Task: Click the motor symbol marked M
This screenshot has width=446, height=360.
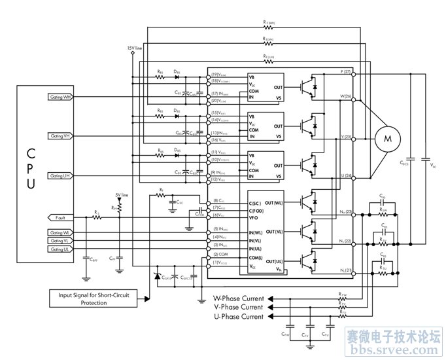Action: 387,139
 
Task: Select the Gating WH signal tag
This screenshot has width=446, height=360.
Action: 60,97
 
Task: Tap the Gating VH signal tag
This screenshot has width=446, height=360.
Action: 60,136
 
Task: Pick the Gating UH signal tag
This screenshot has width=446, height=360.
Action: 60,176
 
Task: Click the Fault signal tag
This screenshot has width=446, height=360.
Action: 60,217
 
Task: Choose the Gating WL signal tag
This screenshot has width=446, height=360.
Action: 60,232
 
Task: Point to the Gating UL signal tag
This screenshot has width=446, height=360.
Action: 60,249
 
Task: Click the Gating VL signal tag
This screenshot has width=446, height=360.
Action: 60,240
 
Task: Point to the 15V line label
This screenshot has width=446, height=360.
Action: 133,48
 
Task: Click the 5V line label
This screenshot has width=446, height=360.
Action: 121,195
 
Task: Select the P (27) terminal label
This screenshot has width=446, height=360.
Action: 346,71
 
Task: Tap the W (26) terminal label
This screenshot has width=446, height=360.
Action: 346,96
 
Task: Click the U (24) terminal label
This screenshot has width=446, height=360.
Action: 346,177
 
